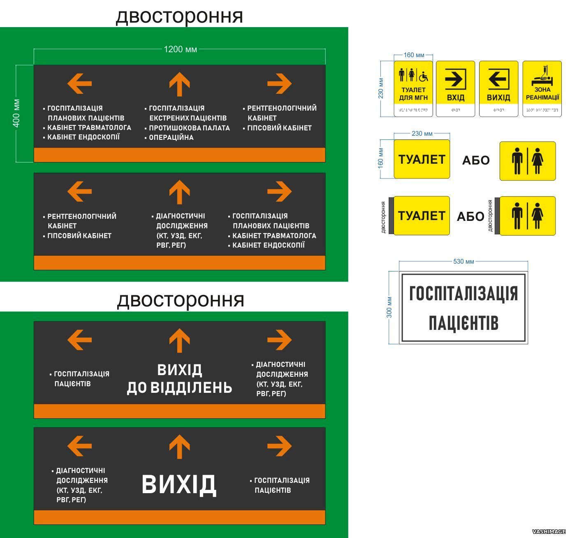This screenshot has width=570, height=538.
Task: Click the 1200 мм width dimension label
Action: (x=180, y=49)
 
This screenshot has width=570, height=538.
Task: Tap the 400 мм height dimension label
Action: (x=16, y=113)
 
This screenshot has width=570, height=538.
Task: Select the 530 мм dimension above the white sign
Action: (x=463, y=262)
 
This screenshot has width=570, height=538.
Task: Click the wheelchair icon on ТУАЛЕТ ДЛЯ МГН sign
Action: (x=423, y=76)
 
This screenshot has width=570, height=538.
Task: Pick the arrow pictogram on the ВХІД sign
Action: (x=455, y=79)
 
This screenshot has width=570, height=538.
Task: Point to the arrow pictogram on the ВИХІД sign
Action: (x=498, y=79)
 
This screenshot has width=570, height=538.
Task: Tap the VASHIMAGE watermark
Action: (x=549, y=532)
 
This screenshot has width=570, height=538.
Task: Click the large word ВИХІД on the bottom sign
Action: (x=179, y=485)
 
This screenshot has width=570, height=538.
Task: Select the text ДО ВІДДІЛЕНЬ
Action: (x=179, y=387)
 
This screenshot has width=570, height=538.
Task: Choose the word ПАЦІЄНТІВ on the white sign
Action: (x=463, y=323)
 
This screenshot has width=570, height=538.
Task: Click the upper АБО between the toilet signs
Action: (x=476, y=160)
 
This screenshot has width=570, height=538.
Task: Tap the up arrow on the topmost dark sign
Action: (x=179, y=84)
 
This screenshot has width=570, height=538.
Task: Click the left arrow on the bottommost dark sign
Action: (x=79, y=446)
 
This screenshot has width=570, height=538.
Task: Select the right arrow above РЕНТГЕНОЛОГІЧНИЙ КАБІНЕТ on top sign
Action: (x=279, y=83)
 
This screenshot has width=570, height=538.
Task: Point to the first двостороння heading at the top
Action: (x=179, y=16)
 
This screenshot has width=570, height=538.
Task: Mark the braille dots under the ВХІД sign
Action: (x=455, y=110)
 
